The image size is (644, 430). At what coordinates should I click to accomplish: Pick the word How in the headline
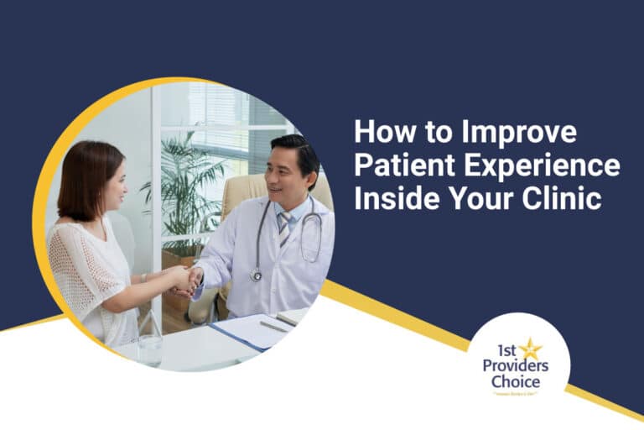pyautogui.click(x=382, y=133)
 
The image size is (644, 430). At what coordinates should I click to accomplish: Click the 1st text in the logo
pyautogui.click(x=505, y=351)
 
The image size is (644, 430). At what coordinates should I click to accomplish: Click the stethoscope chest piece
pyautogui.click(x=256, y=275)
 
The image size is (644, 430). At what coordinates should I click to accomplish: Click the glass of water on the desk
pyautogui.click(x=150, y=344)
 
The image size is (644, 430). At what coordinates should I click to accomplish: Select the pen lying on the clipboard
pyautogui.click(x=273, y=325)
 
